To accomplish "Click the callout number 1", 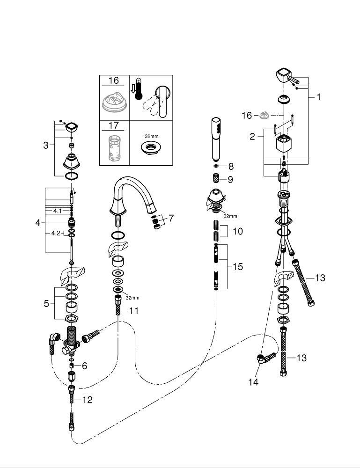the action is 319,97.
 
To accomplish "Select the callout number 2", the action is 252,136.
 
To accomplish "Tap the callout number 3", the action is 46,146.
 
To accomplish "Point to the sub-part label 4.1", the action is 57,211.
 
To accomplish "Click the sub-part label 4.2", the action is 56,233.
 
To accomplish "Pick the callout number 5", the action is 46,304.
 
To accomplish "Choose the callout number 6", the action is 84,366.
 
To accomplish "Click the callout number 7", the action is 171,218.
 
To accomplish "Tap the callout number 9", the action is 230,180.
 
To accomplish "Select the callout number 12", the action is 88,400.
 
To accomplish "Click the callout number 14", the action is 253,382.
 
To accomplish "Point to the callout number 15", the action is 238,267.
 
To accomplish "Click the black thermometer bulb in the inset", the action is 138,96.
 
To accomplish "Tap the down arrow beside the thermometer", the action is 132,88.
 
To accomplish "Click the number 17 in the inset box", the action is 114,125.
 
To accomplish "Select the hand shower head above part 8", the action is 216,139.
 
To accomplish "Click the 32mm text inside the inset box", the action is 152,136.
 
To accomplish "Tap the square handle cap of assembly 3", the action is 72,128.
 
